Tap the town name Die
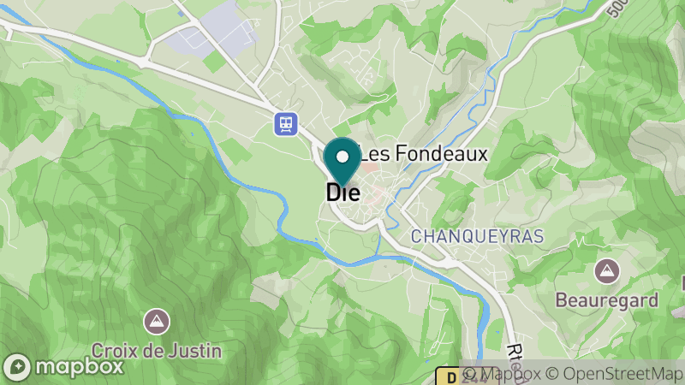pyautogui.click(x=342, y=192)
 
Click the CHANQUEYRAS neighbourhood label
pyautogui.click(x=477, y=235)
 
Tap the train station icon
pyautogui.click(x=285, y=125)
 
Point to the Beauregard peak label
pyautogui.click(x=606, y=300)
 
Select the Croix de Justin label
pyautogui.click(x=157, y=350)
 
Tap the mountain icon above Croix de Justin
pyautogui.click(x=157, y=322)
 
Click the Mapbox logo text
pyautogui.click(x=78, y=367)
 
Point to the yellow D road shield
pyautogui.click(x=450, y=376)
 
